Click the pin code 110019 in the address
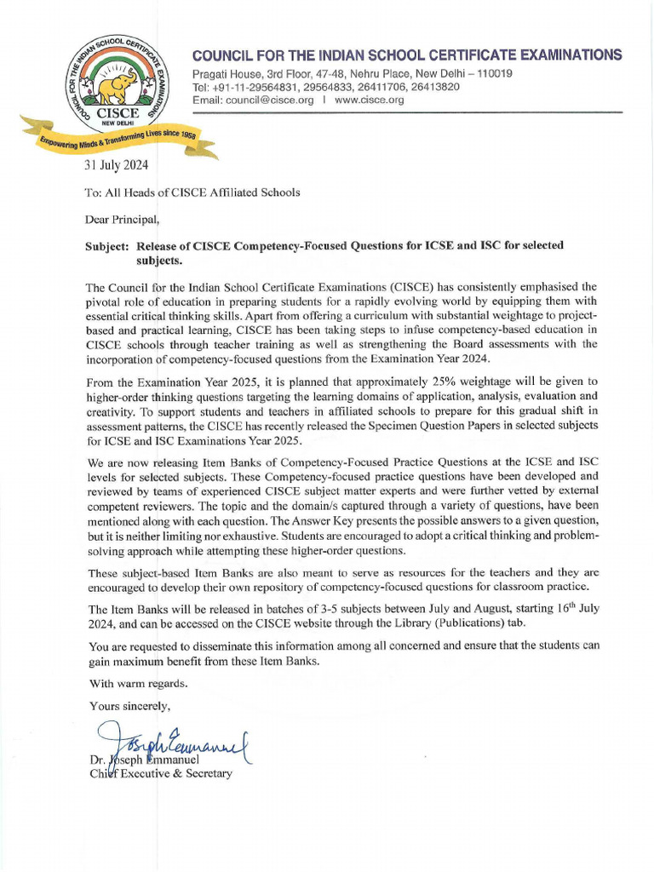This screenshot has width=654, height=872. click(494, 74)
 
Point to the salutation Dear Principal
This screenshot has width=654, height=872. click(122, 219)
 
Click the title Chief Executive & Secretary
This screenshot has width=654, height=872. click(160, 773)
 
